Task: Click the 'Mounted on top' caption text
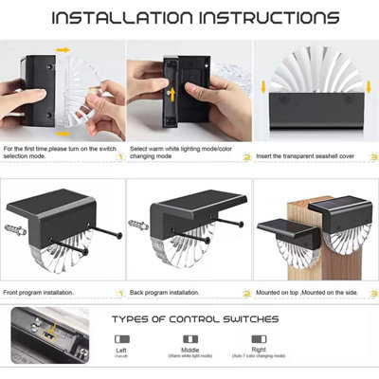(x=279, y=294)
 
